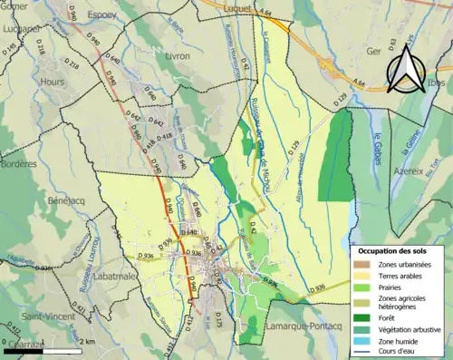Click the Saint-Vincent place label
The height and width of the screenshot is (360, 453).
tap(49, 316)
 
